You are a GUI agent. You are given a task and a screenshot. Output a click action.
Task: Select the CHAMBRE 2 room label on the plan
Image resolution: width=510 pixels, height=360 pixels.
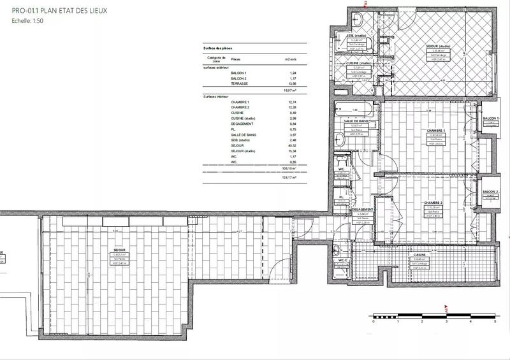click(x=435, y=203)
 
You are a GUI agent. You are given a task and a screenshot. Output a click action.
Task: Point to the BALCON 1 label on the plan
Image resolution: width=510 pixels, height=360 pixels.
click(x=490, y=119)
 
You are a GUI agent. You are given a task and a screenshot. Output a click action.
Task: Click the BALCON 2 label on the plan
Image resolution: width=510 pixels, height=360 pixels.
click(x=490, y=192)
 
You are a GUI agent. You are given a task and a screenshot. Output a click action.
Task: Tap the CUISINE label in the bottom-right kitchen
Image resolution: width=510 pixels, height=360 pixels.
click(x=419, y=255)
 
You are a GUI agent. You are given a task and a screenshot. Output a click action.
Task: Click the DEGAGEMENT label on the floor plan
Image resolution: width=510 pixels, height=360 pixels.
click(x=362, y=210)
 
